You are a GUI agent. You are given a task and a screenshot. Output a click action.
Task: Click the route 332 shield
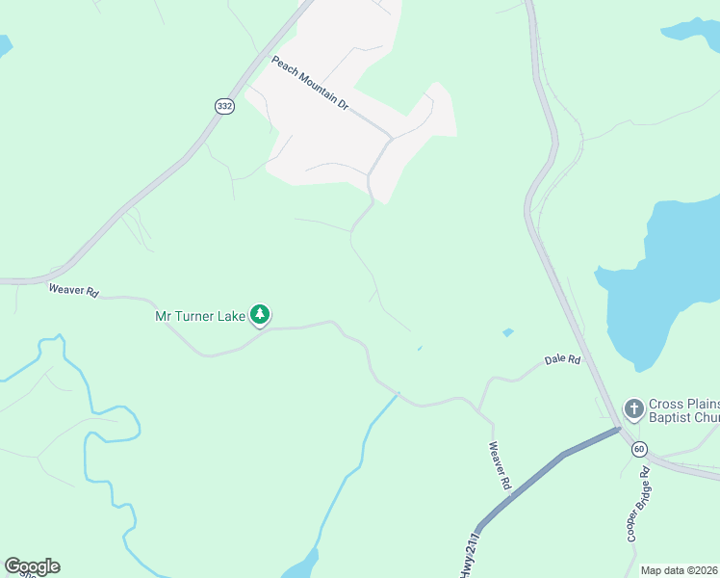coord(224,106)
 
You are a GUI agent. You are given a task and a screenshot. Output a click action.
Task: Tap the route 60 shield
coord(640,449)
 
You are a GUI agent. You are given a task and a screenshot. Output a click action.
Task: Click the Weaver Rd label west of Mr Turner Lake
coord(74,290)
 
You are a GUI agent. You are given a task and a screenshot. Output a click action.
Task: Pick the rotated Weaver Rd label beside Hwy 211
coord(498,465)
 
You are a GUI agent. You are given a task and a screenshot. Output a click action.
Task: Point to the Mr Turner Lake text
coord(200,315)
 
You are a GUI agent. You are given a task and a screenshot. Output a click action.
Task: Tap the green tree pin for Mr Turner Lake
coord(260,313)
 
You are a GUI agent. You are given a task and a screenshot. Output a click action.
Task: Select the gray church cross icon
coord(633,409)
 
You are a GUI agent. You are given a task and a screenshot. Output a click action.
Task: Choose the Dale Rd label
coord(563,359)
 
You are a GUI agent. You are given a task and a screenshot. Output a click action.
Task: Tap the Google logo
coord(32,566)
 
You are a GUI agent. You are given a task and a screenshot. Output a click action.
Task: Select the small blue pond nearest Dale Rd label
coord(507,333)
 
